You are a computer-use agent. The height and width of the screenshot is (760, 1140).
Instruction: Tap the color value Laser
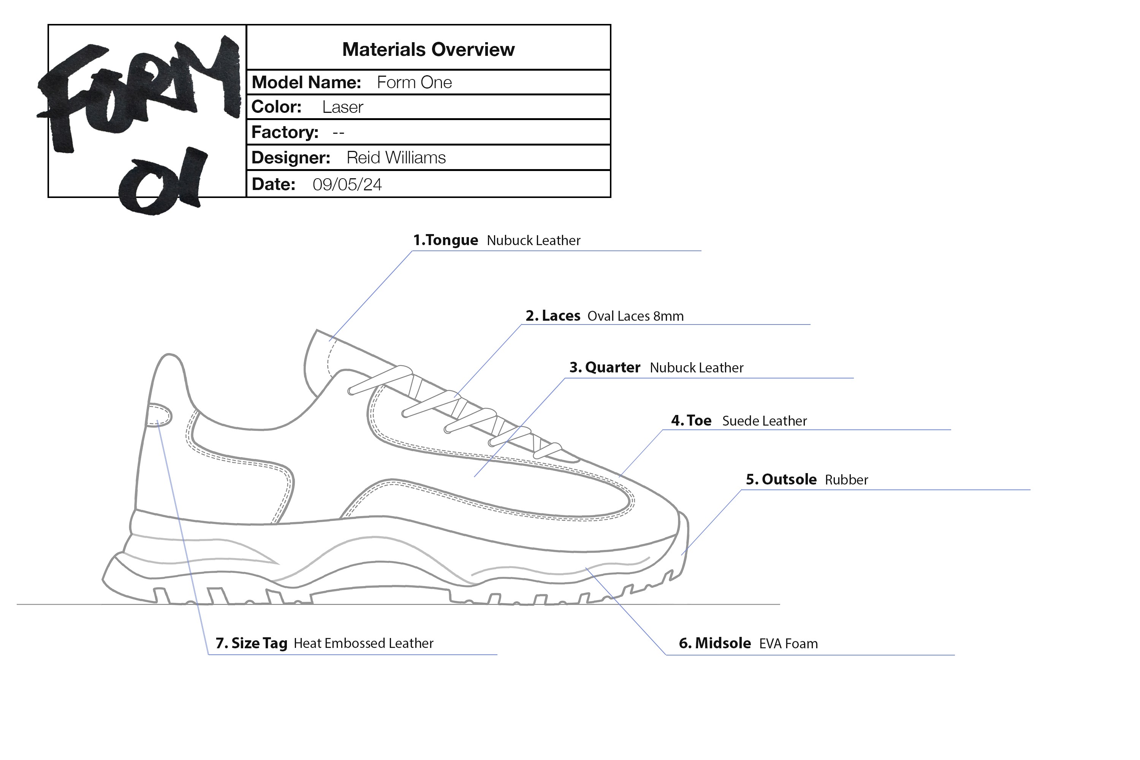(x=342, y=107)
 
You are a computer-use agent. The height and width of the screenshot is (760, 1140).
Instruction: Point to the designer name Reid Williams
(x=396, y=158)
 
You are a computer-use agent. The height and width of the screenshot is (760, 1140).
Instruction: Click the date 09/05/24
(x=347, y=185)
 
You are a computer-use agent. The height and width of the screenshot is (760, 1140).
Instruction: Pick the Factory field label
(x=285, y=132)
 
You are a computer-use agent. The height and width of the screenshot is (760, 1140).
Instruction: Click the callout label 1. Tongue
(x=445, y=241)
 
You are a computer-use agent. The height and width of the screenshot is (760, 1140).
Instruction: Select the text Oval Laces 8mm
(x=635, y=317)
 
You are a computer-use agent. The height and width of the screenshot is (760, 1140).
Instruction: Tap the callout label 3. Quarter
(x=605, y=367)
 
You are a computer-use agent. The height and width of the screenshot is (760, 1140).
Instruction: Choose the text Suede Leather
(x=764, y=421)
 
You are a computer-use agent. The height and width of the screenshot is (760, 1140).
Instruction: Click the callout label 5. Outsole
(x=781, y=480)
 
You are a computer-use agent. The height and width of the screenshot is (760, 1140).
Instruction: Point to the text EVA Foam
(x=788, y=644)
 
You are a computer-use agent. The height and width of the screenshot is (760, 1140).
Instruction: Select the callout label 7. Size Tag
(x=252, y=643)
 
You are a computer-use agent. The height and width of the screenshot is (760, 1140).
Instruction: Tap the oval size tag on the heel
(x=159, y=416)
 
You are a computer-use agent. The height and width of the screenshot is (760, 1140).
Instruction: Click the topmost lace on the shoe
(x=380, y=380)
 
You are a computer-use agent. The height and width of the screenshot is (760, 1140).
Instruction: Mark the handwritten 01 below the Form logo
(x=162, y=182)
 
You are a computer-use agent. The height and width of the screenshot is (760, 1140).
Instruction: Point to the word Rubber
(x=846, y=480)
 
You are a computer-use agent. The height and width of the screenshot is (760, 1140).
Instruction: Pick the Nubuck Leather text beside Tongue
(x=533, y=241)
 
